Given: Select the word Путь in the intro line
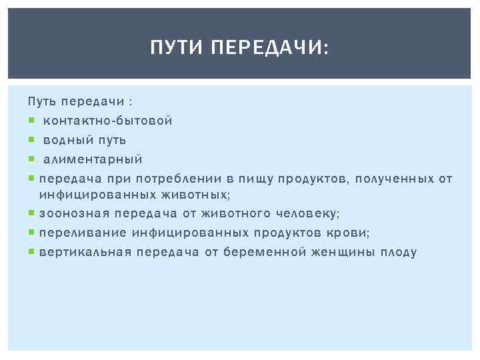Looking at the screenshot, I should pyautogui.click(x=41, y=102).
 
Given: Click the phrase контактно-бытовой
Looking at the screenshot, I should pyautogui.click(x=108, y=121).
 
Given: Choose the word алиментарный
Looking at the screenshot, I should pyautogui.click(x=93, y=160).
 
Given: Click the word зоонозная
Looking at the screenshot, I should pyautogui.click(x=74, y=214).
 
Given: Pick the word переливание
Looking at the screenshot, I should pyautogui.click(x=83, y=233).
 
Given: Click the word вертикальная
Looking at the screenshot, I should pyautogui.click(x=85, y=253).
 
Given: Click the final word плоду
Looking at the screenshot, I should pyautogui.click(x=398, y=253).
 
